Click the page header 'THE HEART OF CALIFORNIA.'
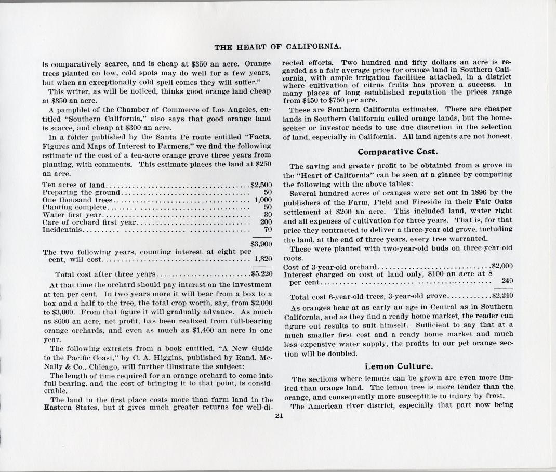277,47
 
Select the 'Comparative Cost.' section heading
398,152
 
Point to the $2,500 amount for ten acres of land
261,185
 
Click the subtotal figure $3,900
261,243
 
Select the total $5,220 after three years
261,274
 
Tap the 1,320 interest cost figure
263,259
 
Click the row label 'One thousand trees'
77,200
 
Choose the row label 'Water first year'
73,214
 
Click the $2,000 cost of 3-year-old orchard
502,266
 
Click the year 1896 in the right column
470,193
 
